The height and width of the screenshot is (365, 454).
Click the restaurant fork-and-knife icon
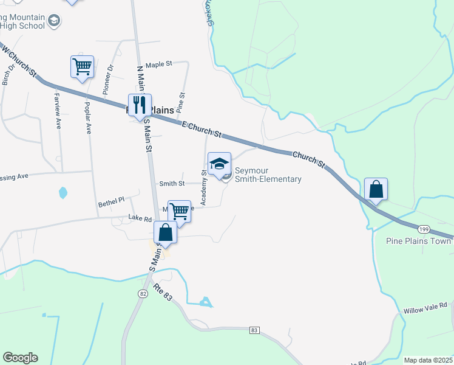[140, 105]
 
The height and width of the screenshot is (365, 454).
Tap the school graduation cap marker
[219, 163]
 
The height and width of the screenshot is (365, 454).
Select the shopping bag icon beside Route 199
[376, 189]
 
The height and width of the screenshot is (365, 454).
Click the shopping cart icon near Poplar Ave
[82, 66]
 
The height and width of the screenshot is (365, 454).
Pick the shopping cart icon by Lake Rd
[179, 212]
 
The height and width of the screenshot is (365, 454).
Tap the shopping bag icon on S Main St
[165, 232]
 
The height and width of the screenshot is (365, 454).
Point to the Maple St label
[160, 63]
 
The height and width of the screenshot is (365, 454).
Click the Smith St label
[171, 183]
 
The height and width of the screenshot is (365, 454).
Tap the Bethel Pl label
[111, 200]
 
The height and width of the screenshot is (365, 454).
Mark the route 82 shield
[142, 294]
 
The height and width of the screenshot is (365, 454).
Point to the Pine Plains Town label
[419, 241]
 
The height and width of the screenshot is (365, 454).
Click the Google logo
[20, 358]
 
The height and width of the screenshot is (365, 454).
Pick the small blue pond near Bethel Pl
[63, 193]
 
